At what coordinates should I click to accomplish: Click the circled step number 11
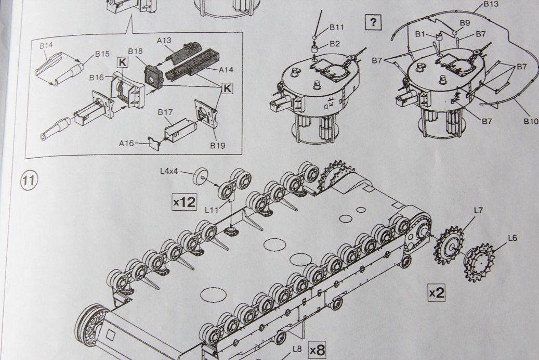pyautogui.click(x=28, y=181)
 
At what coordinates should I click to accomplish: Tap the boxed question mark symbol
pyautogui.click(x=373, y=22)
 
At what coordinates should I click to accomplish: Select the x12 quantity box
pyautogui.click(x=185, y=201)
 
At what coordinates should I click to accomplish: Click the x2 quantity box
pyautogui.click(x=437, y=292)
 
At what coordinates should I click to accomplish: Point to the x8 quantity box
pyautogui.click(x=317, y=350)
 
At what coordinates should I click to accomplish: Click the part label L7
pyautogui.click(x=478, y=211)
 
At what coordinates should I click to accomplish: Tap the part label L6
pyautogui.click(x=512, y=238)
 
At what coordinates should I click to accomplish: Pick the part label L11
pyautogui.click(x=212, y=210)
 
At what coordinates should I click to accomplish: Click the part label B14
pyautogui.click(x=46, y=45)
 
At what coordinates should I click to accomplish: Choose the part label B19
pyautogui.click(x=218, y=145)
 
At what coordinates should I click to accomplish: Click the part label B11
pyautogui.click(x=337, y=27)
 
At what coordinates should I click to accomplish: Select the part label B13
pyautogui.click(x=491, y=4)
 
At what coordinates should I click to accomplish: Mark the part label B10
pyautogui.click(x=531, y=121)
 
